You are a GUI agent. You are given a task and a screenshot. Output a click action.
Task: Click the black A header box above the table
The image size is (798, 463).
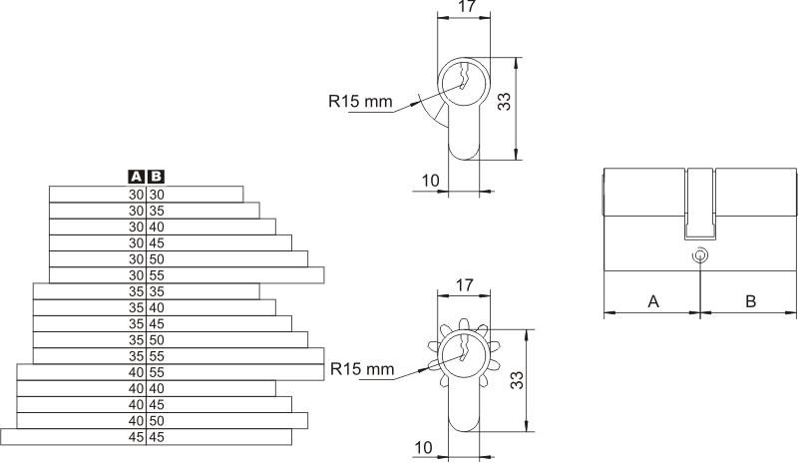[137, 176]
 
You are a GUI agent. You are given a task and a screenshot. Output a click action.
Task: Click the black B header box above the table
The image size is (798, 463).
[156, 176]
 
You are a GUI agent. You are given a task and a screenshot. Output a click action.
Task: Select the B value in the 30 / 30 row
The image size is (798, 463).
[157, 195]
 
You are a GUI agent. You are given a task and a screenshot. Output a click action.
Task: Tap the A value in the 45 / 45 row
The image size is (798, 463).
[137, 437]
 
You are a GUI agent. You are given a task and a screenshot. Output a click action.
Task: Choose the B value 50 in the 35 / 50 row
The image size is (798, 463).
[157, 340]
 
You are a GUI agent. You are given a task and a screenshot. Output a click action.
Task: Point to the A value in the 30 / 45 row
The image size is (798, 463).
[137, 242]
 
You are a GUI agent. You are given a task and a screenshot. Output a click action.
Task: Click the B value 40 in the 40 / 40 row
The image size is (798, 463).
[157, 388]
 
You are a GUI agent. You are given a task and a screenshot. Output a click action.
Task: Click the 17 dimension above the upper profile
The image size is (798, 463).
[465, 8]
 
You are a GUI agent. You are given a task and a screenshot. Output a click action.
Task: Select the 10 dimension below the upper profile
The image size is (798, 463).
[431, 180]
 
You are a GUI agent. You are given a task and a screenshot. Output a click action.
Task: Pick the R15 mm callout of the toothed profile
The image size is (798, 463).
[361, 369]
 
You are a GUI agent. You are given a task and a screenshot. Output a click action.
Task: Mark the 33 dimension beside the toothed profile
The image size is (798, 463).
[517, 379]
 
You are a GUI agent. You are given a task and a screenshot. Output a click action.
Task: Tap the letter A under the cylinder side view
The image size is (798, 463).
[653, 300]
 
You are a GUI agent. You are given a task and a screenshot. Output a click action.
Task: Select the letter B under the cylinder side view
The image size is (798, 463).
[749, 300]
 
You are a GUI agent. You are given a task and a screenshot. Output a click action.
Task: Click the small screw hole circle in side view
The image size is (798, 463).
[700, 254]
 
